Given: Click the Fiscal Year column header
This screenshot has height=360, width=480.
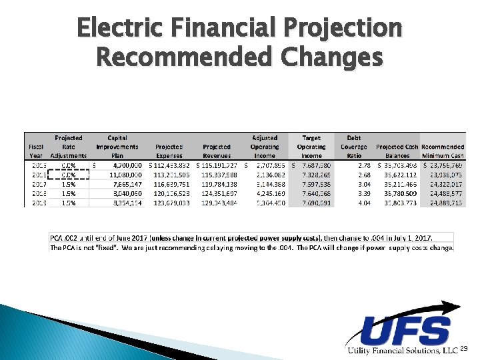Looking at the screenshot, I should click(x=37, y=151).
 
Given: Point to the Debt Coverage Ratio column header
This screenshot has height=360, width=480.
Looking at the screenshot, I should click(x=354, y=147).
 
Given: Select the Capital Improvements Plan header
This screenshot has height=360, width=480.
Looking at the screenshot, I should click(x=117, y=147).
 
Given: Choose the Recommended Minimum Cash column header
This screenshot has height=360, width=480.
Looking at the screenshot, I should click(x=443, y=151).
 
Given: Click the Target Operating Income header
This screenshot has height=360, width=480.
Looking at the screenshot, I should click(x=311, y=147).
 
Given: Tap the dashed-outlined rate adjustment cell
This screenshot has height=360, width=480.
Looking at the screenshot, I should click(x=69, y=173).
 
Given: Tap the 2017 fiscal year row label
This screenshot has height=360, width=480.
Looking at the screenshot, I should click(x=37, y=183).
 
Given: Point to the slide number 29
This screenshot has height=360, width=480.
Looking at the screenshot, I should click(x=465, y=349).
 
